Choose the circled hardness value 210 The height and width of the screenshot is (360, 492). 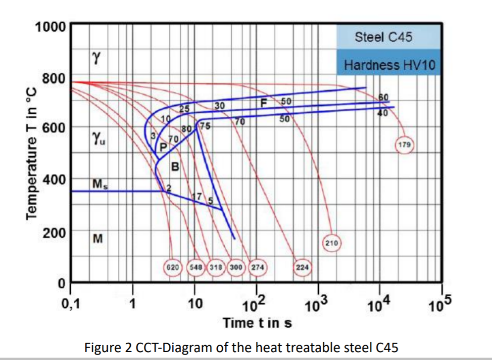(x=332, y=243)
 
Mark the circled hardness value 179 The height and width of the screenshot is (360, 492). (x=405, y=145)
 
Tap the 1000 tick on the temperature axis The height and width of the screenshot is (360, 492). (x=50, y=26)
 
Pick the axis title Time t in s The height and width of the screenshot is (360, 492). (x=257, y=323)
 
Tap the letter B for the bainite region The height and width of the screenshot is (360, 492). (x=175, y=167)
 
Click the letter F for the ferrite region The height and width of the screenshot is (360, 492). (x=264, y=103)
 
